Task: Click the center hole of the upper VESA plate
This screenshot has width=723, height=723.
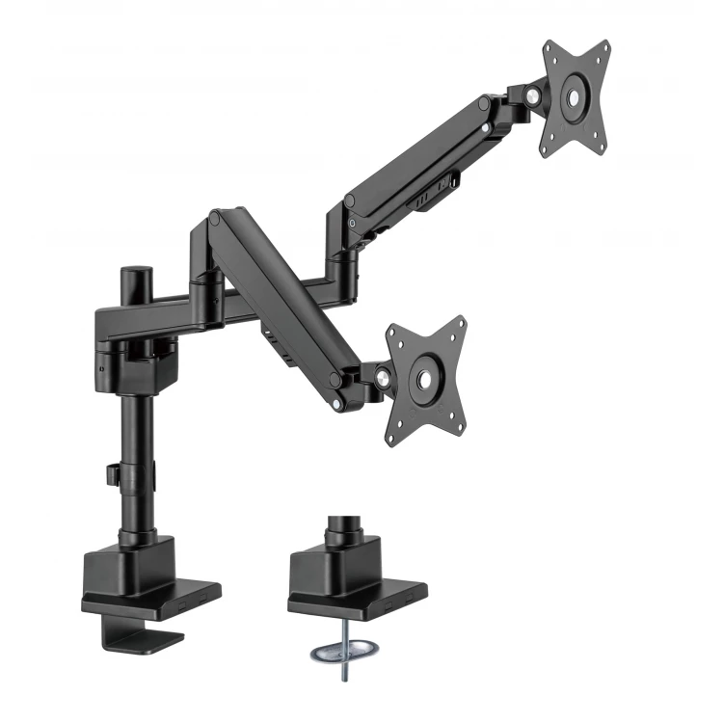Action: pyautogui.click(x=576, y=96)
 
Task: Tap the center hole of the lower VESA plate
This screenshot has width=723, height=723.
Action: pyautogui.click(x=425, y=376)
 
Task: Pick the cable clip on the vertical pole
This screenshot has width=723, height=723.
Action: pyautogui.click(x=114, y=476)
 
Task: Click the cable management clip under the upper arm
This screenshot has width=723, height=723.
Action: pyautogui.click(x=424, y=200)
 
